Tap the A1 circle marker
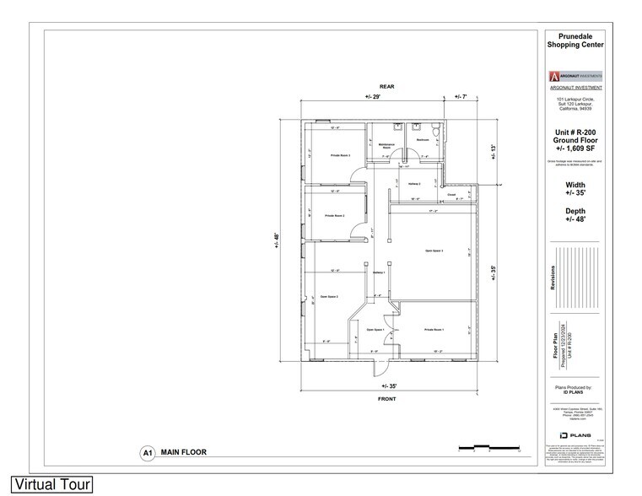pos(147,453)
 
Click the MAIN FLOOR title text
pos(184,453)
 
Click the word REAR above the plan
pos(387,87)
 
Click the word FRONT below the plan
pos(387,400)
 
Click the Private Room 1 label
pos(434,330)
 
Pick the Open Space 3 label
pos(434,251)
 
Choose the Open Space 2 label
pos(329,297)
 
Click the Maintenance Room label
pos(387,145)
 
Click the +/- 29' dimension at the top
pos(373,98)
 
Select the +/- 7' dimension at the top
pos(461,98)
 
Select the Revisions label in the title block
pos(554,279)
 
